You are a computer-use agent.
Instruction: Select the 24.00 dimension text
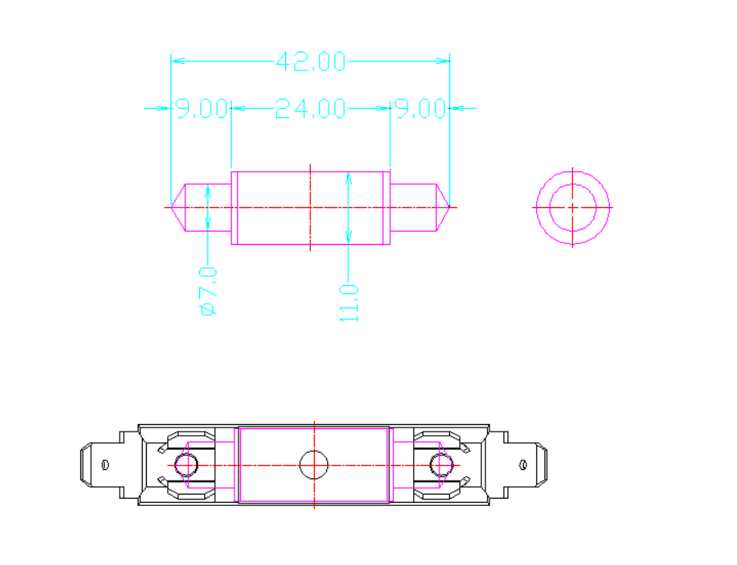point(310,109)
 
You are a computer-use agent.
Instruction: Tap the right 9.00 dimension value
point(420,109)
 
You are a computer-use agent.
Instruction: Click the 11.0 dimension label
point(349,302)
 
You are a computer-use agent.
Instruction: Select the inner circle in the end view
point(572,207)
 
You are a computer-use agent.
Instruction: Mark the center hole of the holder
point(314,464)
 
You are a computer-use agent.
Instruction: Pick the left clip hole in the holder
point(186,464)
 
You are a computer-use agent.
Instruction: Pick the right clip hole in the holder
point(442,464)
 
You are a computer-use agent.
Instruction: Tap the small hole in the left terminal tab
point(105,464)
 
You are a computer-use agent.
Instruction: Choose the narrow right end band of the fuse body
point(388,207)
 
